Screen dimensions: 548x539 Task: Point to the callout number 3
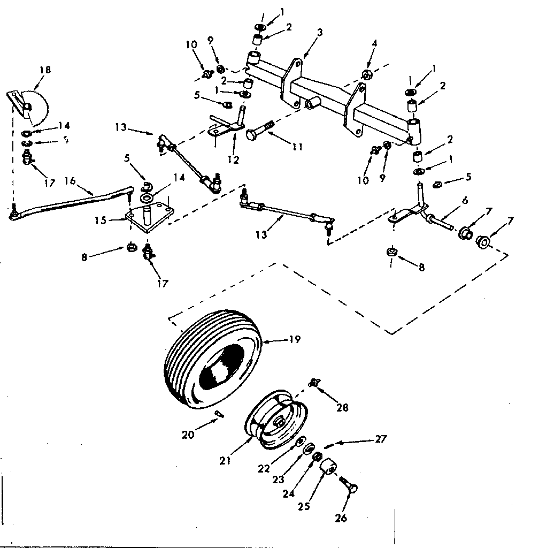click(319, 33)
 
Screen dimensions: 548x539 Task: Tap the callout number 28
click(342, 408)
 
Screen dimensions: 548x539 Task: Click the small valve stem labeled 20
click(220, 413)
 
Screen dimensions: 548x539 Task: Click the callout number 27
click(380, 438)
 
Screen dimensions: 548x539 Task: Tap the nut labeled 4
click(367, 74)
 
